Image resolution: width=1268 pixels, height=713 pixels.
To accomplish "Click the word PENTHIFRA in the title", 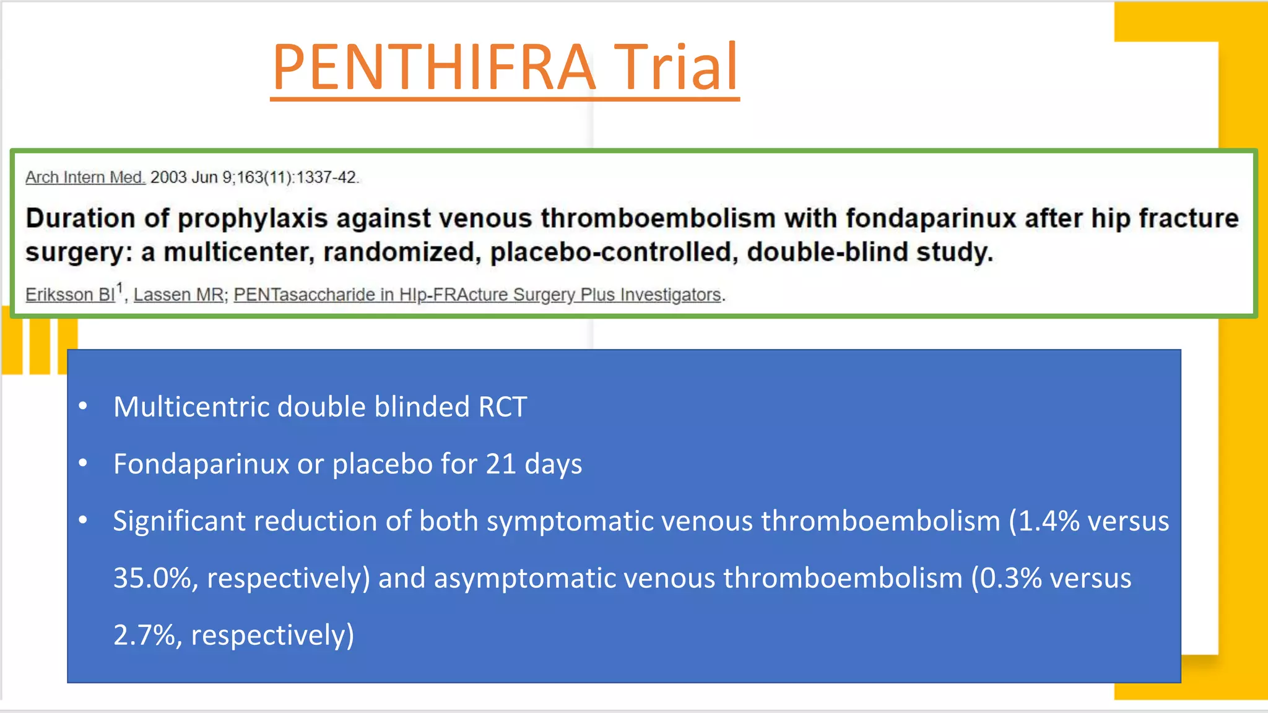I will (433, 67).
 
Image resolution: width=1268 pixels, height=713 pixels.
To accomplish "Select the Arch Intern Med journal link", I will (85, 178).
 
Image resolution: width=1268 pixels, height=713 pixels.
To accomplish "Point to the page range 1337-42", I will (326, 178).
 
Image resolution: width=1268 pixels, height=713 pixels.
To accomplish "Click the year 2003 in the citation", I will (168, 178).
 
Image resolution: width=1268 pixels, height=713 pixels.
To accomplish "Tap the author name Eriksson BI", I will (70, 295).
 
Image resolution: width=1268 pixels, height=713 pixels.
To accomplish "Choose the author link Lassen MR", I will (178, 295).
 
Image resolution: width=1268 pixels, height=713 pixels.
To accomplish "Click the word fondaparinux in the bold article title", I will (931, 218).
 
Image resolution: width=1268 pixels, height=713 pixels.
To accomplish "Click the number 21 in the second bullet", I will (500, 464).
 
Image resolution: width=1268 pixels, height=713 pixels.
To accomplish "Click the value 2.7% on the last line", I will (144, 635).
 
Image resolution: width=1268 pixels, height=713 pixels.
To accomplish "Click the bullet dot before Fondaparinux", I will (83, 463).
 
